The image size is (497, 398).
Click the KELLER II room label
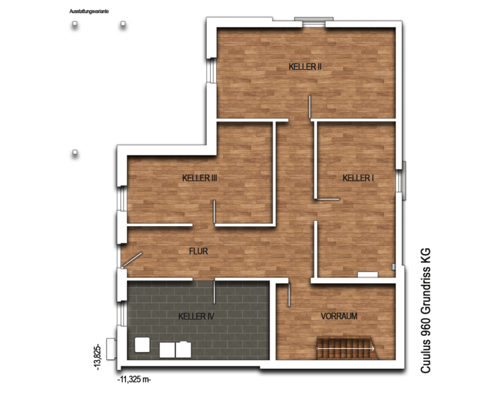[305, 67]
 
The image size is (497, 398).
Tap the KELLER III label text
[199, 178]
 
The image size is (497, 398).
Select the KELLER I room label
[358, 178]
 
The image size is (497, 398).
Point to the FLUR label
[198, 251]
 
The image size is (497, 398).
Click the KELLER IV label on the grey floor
[196, 316]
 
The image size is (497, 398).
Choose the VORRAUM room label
[339, 316]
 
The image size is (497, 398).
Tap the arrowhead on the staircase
[373, 348]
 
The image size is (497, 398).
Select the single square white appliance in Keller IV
[142, 345]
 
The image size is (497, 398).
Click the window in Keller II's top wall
[314, 22]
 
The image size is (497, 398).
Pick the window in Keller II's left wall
[211, 70]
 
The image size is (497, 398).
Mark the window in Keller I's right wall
[400, 180]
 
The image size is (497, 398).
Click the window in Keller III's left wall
[122, 198]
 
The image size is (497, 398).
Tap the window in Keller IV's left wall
[122, 314]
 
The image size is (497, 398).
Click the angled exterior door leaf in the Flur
[132, 259]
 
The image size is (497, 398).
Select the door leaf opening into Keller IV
[214, 292]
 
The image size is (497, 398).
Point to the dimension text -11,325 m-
[134, 379]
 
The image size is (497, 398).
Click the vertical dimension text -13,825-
[98, 357]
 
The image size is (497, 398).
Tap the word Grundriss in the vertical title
[426, 289]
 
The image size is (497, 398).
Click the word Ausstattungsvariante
[89, 11]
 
